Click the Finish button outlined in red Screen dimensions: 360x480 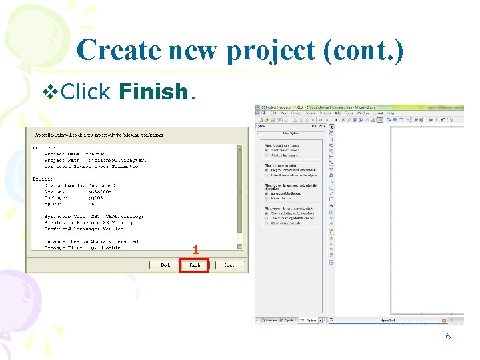tap(194, 265)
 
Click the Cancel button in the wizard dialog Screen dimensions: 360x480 tap(230, 265)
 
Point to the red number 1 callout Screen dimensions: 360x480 tap(195, 250)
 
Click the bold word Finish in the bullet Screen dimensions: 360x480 tap(154, 91)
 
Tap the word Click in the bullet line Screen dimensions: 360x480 tap(85, 91)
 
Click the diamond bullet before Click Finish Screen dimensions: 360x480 tap(50, 91)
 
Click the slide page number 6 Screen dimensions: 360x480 tap(448, 336)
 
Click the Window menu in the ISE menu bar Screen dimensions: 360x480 tap(363, 113)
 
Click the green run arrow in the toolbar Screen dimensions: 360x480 tap(431, 120)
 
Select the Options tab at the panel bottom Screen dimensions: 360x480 tap(310, 321)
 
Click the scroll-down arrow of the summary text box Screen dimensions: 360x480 tap(241, 247)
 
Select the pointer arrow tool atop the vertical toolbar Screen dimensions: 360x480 tap(331, 126)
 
